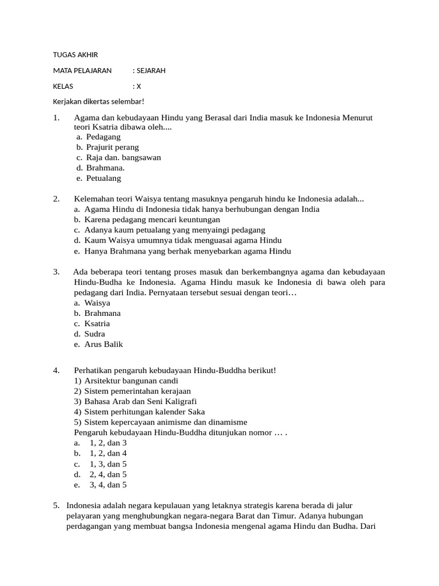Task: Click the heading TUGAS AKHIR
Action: pos(75,55)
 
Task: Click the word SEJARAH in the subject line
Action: pos(151,71)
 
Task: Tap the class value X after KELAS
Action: pos(138,86)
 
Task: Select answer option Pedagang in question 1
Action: pos(103,137)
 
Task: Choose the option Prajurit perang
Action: pos(113,147)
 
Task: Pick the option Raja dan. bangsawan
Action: pos(123,157)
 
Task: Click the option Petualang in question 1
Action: pos(104,178)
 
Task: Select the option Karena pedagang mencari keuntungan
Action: pos(152,219)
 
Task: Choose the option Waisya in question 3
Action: pos(97,303)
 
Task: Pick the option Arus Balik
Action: pos(103,345)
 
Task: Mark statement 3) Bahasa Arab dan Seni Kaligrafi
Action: pos(140,401)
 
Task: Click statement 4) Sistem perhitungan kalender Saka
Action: pos(144,411)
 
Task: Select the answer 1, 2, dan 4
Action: pos(108,453)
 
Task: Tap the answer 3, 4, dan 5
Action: pos(108,485)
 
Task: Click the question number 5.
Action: pos(56,505)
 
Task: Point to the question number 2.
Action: pos(56,199)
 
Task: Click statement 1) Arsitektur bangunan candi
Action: pos(131,381)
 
